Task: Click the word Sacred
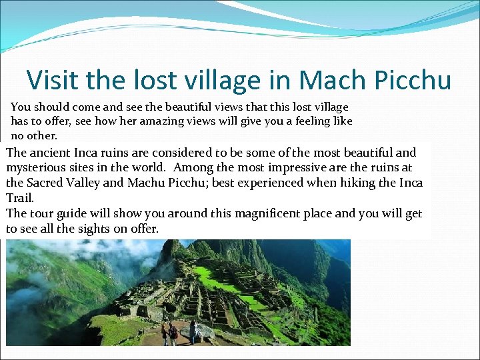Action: [46, 183]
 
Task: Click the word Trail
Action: [19, 198]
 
